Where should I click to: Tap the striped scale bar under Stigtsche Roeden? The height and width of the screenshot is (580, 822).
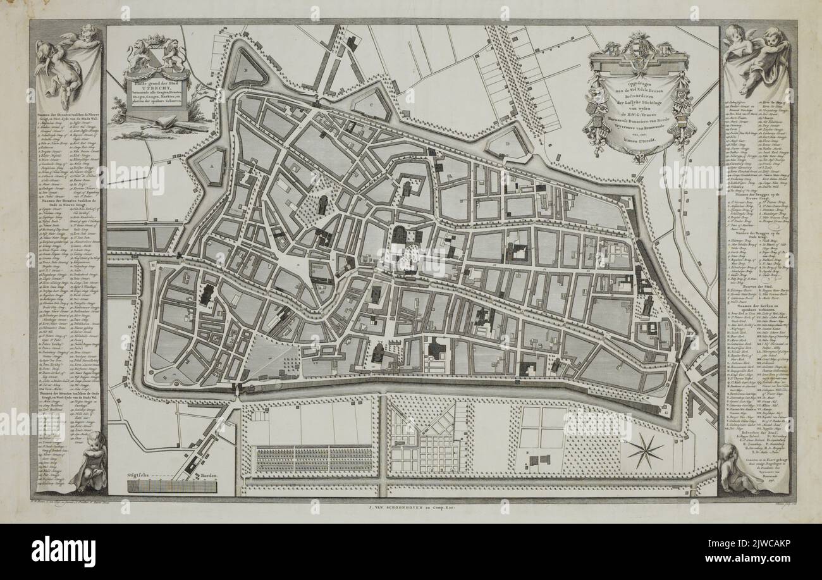click(172, 486)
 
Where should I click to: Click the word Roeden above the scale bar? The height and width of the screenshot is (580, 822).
click(205, 475)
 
